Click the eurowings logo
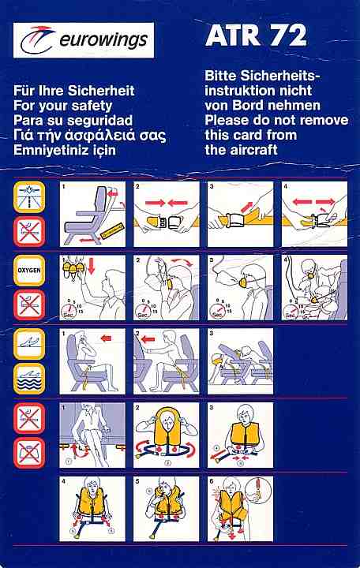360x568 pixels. (84, 40)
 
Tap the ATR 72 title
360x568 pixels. (257, 35)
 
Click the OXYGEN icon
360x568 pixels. (29, 271)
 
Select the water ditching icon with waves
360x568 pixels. (29, 379)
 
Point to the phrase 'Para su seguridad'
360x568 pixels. (73, 120)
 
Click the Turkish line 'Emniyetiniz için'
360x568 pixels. (65, 150)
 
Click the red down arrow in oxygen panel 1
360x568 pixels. (92, 266)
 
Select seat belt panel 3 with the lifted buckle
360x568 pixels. (240, 214)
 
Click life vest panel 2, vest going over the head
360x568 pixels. (167, 435)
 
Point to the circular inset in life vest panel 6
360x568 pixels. (258, 491)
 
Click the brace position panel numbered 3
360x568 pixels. (240, 361)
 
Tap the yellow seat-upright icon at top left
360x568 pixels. (29, 196)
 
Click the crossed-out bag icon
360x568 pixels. (29, 453)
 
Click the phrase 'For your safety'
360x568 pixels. (62, 106)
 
